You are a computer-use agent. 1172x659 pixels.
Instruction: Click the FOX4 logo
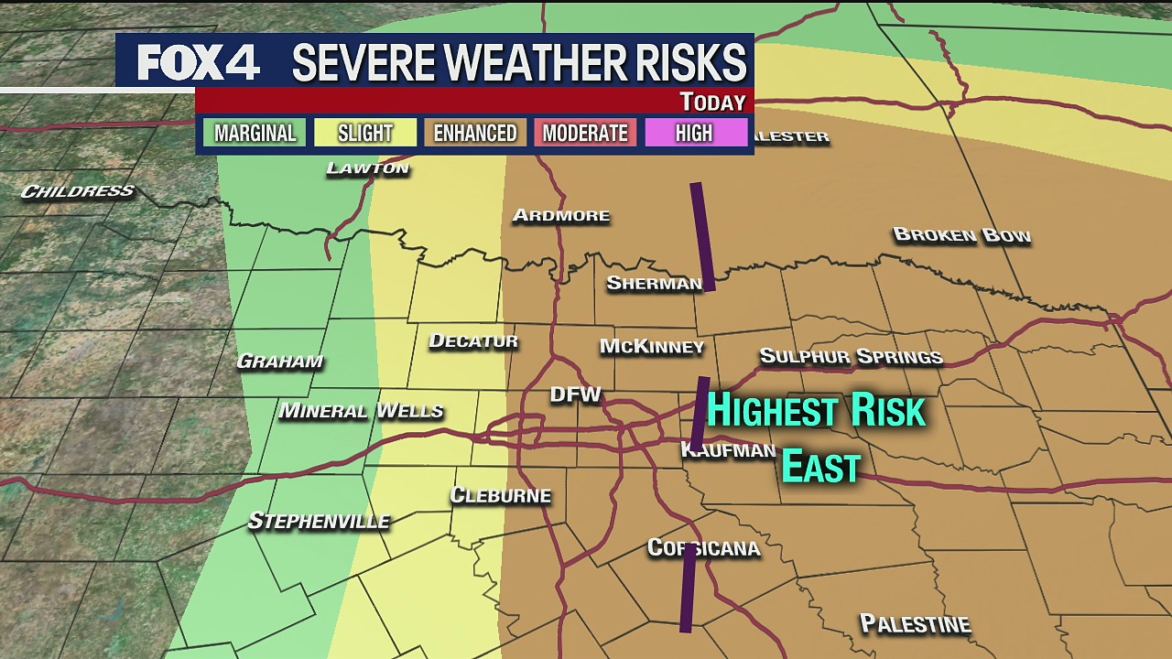199,62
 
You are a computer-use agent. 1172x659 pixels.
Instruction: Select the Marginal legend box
255,133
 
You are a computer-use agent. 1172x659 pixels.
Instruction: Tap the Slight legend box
365,133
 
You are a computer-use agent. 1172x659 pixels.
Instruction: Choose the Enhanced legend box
475,133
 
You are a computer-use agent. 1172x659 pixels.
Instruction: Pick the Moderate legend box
585,133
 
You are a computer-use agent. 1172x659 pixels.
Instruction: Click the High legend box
694,133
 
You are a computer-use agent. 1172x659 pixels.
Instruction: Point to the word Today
712,102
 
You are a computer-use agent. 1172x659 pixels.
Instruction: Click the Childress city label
78,191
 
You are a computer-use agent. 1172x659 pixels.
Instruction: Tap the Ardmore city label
560,216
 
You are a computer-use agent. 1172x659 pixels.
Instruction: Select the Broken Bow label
961,235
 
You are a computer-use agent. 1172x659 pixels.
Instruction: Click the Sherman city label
654,284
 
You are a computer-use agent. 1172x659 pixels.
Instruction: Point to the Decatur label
473,341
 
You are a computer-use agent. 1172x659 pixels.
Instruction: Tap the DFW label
575,394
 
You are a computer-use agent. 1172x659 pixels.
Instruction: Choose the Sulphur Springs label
851,356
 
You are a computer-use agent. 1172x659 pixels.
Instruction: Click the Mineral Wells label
361,411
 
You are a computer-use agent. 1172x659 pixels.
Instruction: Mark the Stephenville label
319,522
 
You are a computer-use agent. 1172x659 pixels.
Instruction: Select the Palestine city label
915,624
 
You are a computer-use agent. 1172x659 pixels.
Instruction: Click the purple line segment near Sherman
702,236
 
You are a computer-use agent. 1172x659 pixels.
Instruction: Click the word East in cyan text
820,468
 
